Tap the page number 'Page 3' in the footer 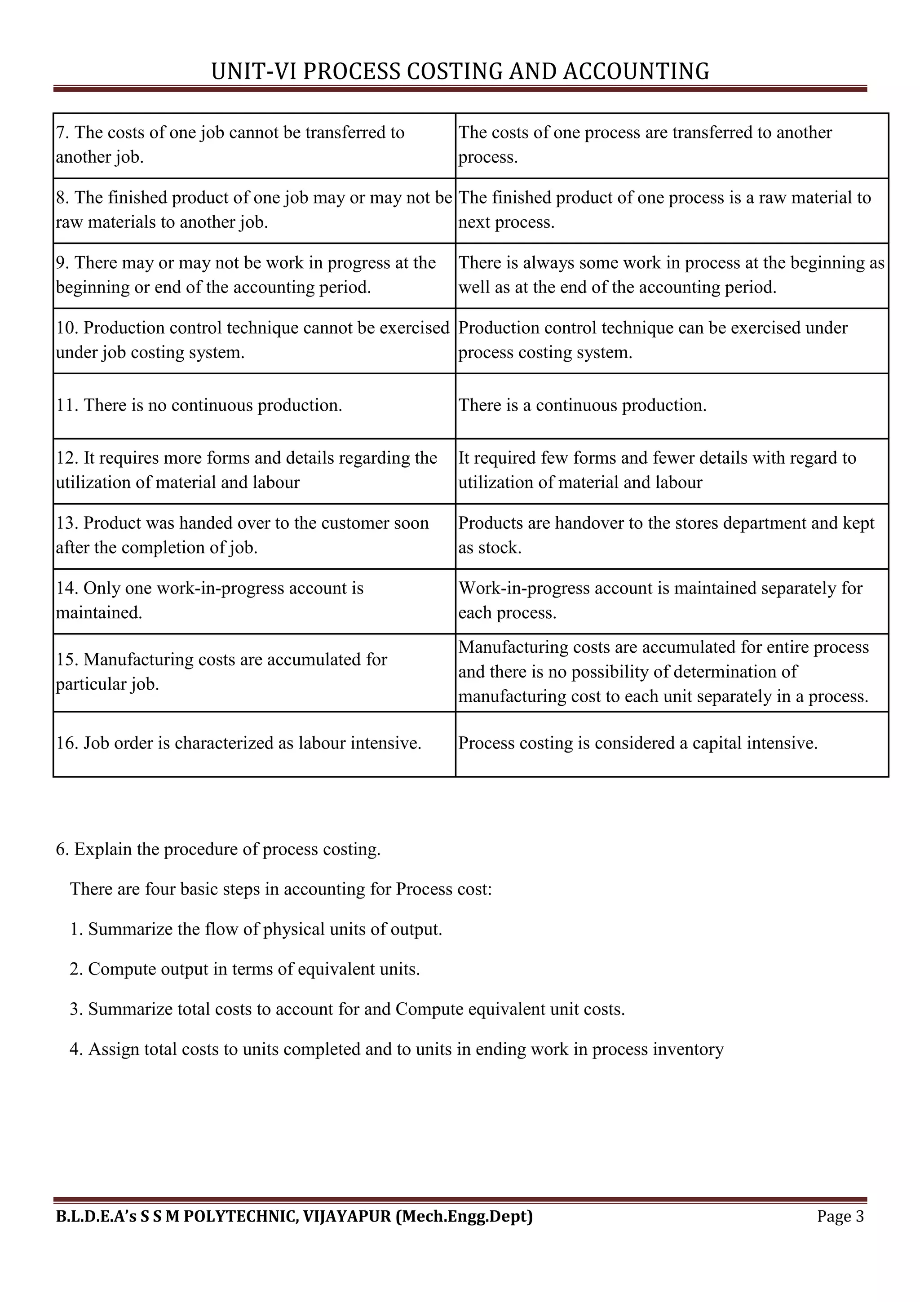pos(840,1216)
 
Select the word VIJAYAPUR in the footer pos(347,1216)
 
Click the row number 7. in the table pos(62,132)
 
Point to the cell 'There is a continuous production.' pos(582,405)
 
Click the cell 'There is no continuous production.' pos(199,405)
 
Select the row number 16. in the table pos(67,743)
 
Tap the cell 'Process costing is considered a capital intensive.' pos(638,743)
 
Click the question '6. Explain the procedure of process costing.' pos(218,849)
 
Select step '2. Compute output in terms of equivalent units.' pos(245,969)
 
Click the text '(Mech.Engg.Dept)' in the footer pos(464,1216)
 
